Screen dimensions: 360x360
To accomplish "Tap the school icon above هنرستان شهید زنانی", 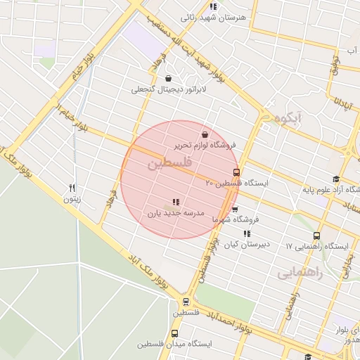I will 214,7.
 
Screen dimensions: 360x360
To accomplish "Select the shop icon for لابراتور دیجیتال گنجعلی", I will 167,78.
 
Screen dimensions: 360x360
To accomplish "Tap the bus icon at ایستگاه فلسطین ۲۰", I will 236,172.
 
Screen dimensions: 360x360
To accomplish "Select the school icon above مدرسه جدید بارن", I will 175,202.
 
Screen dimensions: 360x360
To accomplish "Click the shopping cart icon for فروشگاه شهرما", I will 235,209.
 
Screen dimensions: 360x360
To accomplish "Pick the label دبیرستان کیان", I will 246,245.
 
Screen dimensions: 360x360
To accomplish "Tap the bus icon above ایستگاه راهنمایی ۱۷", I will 316,236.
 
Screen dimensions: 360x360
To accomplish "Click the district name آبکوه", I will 289,117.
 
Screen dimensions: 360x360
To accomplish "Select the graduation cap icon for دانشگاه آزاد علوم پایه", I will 336,179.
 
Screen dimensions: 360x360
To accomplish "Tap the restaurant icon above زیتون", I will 71,188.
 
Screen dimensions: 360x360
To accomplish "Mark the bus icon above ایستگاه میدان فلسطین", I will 174,333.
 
